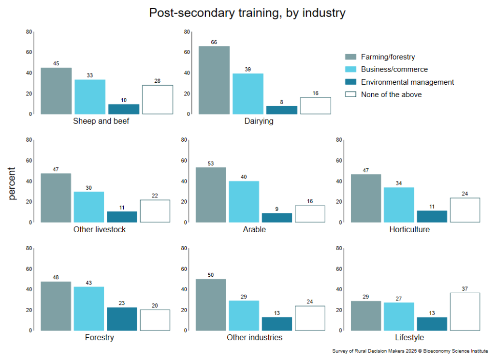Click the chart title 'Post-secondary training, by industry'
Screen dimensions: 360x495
pyautogui.click(x=247, y=13)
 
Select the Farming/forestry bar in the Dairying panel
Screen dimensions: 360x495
pyautogui.click(x=214, y=80)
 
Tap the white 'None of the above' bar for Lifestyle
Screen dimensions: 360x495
pyautogui.click(x=465, y=312)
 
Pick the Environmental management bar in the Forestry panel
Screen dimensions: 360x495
pyautogui.click(x=122, y=319)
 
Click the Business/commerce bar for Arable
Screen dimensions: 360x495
pyautogui.click(x=244, y=202)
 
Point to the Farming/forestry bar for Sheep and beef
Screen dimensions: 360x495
pyautogui.click(x=56, y=91)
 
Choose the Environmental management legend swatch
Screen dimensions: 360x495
pyautogui.click(x=350, y=82)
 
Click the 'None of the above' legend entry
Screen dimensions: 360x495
pyautogui.click(x=391, y=95)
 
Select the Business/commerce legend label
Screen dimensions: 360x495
pyautogui.click(x=394, y=70)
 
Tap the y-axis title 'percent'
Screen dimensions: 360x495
pyautogui.click(x=12, y=184)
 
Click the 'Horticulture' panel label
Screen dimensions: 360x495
pyautogui.click(x=409, y=229)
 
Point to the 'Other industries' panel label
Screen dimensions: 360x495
pyautogui.click(x=254, y=337)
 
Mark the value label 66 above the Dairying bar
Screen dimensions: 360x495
pyautogui.click(x=214, y=42)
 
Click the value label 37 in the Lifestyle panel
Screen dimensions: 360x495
pyautogui.click(x=465, y=289)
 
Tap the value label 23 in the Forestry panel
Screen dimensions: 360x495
pyautogui.click(x=122, y=303)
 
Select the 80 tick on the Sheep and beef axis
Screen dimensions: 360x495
pyautogui.click(x=29, y=32)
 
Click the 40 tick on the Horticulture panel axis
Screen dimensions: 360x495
pyautogui.click(x=339, y=181)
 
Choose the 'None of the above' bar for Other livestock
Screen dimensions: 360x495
pyautogui.click(x=155, y=211)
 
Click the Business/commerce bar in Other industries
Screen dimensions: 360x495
pyautogui.click(x=244, y=315)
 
